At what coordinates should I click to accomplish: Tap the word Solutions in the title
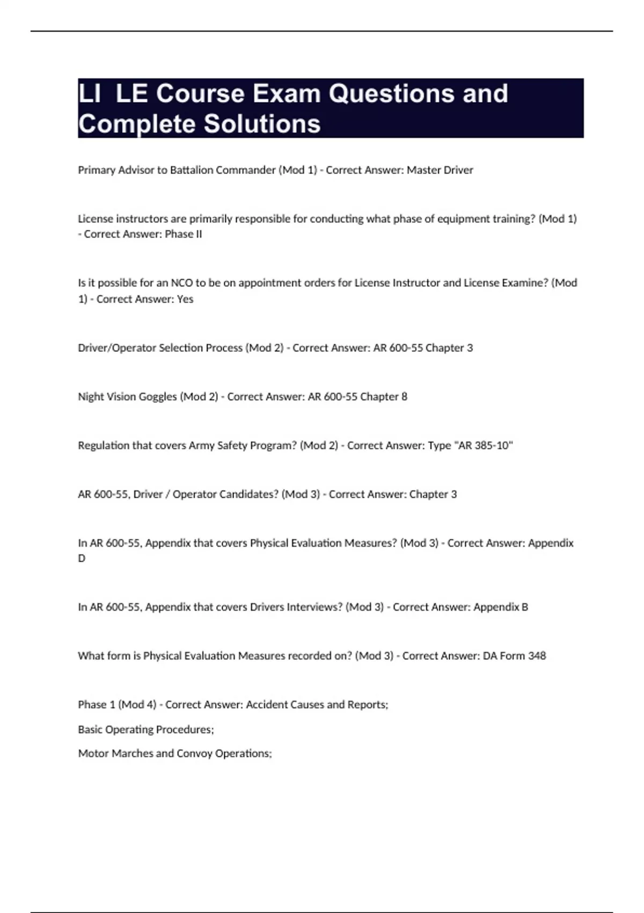(262, 124)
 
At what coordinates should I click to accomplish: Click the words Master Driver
(440, 170)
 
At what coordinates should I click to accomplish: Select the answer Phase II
(183, 234)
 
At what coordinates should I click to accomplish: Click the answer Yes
(185, 299)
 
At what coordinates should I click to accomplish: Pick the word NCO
(182, 283)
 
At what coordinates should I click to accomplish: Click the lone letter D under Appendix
(82, 559)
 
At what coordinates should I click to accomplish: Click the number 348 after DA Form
(537, 656)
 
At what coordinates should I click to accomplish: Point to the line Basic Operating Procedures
(146, 730)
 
